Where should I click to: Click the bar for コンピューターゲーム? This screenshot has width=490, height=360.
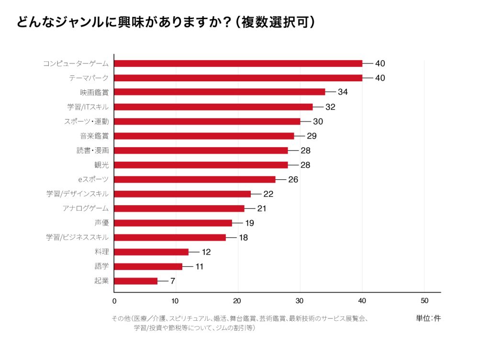(238, 64)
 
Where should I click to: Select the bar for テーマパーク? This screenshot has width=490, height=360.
(238, 78)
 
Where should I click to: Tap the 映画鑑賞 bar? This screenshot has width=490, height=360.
(220, 92)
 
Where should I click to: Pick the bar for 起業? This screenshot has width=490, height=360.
(136, 281)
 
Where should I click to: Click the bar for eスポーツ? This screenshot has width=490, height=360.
(195, 179)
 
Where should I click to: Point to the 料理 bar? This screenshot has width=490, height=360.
(151, 252)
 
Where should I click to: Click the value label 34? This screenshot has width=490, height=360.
(343, 92)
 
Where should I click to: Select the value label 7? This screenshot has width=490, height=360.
(173, 281)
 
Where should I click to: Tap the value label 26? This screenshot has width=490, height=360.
(293, 179)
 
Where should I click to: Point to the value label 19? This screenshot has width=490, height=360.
(250, 223)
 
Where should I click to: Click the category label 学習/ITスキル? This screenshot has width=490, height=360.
(88, 107)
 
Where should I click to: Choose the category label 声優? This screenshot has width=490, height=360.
(101, 223)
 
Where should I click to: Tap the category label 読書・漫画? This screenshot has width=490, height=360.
(93, 150)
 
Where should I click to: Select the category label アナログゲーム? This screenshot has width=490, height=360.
(86, 208)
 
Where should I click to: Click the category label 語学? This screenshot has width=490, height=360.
(101, 266)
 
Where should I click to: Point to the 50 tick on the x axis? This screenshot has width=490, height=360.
(424, 301)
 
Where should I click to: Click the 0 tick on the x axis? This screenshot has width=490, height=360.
(114, 301)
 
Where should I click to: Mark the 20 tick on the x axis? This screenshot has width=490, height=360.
(238, 301)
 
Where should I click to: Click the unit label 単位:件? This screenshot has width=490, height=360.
(428, 318)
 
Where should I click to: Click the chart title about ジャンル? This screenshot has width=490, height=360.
(166, 22)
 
